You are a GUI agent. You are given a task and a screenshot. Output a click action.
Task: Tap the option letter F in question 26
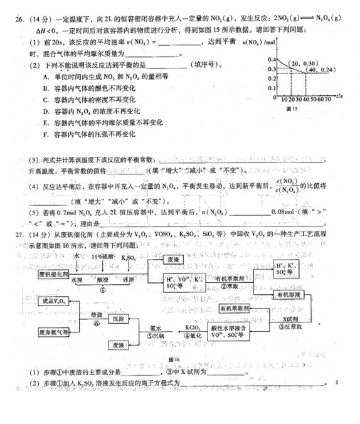pyautogui.click(x=46, y=134)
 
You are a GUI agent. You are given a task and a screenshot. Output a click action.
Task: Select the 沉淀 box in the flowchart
pyautogui.click(x=120, y=319)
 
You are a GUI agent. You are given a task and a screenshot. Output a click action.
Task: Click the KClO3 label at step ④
pyautogui.click(x=193, y=327)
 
